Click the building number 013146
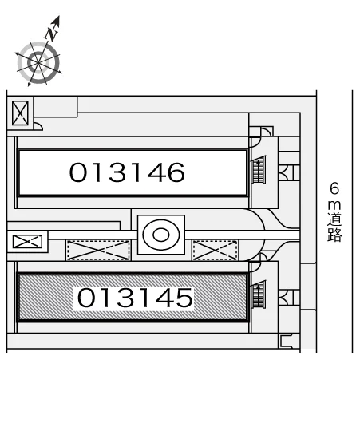coord(127,172)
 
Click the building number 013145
coord(135,298)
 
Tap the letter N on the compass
coord(52,34)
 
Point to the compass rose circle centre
coord(38,62)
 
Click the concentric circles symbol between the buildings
coord(161,235)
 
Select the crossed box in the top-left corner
coord(20,113)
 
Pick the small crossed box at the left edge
coord(27,242)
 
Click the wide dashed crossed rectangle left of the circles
coord(98,251)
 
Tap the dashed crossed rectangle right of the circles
coord(216,251)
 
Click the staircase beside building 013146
coord(259,170)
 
